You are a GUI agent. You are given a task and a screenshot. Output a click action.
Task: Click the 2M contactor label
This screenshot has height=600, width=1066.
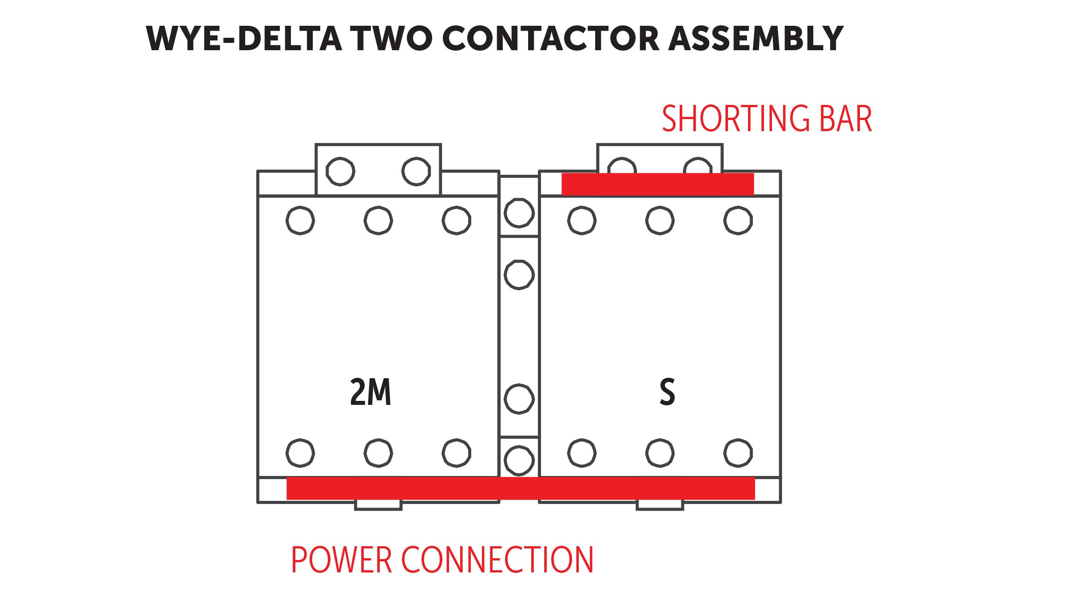coord(370,392)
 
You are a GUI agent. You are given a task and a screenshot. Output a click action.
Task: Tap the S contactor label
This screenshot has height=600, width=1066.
coord(667,392)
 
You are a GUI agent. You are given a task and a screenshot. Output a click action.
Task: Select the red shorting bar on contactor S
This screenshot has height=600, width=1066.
coord(658,184)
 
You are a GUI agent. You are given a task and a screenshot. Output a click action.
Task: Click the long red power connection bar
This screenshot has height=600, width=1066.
coord(521,488)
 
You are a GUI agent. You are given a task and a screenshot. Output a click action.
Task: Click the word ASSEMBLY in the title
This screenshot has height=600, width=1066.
coord(756,39)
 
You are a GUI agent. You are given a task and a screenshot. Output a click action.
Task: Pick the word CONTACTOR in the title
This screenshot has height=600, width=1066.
coord(551,39)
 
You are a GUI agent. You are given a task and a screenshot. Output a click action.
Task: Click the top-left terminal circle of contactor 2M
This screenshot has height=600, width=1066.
coord(300,220)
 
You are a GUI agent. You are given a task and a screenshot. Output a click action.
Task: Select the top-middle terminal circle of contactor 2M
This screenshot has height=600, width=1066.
coord(378,220)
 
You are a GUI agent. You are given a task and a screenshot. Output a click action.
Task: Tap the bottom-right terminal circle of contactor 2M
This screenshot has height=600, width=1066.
coord(457,453)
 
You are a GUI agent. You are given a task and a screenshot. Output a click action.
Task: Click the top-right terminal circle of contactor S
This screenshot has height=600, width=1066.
coord(738,220)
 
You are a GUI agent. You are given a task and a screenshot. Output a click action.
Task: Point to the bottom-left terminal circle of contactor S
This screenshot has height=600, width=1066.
coord(582,453)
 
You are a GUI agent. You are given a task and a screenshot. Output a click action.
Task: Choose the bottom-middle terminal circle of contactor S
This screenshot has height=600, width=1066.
coord(660,453)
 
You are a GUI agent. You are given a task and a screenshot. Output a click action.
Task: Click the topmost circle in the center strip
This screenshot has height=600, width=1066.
coord(519,213)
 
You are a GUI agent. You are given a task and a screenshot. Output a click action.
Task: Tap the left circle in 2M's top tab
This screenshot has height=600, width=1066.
coord(340,172)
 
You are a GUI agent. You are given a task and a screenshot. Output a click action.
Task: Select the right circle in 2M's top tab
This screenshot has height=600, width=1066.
coord(416,172)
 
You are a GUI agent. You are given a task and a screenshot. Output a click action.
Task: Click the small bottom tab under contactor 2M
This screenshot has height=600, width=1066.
coord(378,505)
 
